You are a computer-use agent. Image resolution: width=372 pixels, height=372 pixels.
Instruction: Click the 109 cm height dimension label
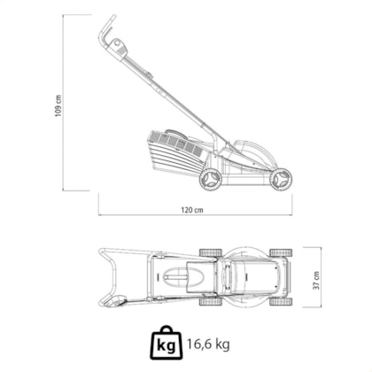58,105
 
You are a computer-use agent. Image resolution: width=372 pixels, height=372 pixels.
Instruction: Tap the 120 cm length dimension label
192,210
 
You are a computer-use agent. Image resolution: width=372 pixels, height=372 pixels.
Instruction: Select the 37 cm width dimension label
316,280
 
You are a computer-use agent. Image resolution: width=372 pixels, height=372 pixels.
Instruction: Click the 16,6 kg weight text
208,344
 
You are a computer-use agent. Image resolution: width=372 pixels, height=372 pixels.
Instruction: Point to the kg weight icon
166,343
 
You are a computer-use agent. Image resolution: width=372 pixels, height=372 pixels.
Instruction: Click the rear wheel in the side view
211,179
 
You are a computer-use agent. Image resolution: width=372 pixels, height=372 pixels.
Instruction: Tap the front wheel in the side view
281,180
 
